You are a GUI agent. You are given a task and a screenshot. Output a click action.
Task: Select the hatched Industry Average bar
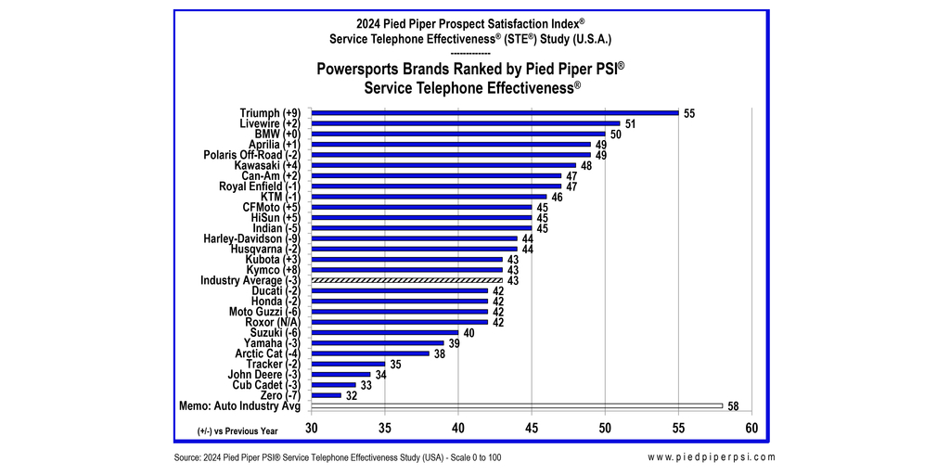(407, 280)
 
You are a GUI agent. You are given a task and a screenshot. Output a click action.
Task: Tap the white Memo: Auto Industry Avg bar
(517, 405)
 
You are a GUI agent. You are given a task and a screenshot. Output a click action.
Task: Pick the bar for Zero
(327, 395)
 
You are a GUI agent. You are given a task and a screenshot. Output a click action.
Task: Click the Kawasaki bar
(443, 165)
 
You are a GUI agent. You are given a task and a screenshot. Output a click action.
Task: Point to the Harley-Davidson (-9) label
(256, 238)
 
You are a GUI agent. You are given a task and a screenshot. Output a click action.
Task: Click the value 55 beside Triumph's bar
(689, 113)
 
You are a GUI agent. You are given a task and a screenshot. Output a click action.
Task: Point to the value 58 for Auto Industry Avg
(733, 406)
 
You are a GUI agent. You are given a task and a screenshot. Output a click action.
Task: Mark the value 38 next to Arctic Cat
(440, 353)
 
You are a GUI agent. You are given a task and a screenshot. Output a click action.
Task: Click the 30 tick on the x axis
(313, 428)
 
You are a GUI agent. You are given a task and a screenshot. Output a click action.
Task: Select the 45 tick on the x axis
(532, 428)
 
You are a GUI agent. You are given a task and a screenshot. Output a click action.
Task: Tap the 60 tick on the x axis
(751, 428)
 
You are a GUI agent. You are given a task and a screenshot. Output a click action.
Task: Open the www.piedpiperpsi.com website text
(712, 457)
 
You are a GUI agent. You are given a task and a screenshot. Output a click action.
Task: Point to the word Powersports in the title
(363, 69)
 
